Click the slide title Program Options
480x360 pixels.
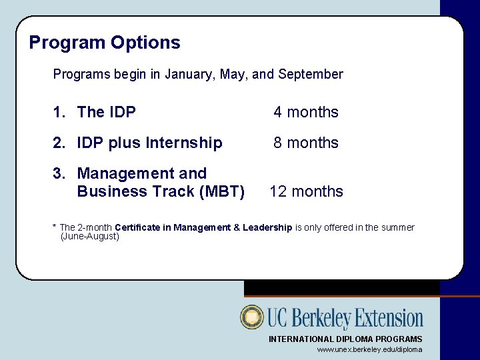click(x=105, y=43)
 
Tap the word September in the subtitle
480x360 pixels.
click(x=311, y=75)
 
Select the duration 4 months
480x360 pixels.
click(x=306, y=112)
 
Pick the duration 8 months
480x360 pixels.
click(x=306, y=143)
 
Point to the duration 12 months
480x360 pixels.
click(x=306, y=191)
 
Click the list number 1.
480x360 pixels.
click(x=58, y=112)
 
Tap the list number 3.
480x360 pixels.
click(x=58, y=173)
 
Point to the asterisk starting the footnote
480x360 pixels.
click(x=55, y=227)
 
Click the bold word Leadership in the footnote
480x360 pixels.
click(x=267, y=228)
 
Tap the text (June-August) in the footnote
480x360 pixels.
click(x=90, y=237)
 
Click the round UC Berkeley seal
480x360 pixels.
click(x=252, y=317)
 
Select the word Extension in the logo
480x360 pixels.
click(x=387, y=318)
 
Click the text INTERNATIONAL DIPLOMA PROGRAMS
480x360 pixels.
click(x=345, y=339)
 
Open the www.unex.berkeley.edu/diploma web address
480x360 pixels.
click(x=369, y=349)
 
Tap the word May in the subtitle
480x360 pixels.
click(x=233, y=75)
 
